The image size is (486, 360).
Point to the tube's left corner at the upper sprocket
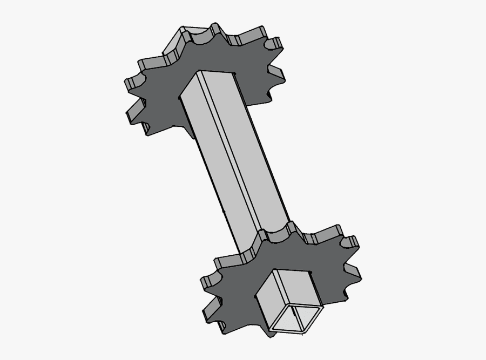(x=179, y=98)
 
